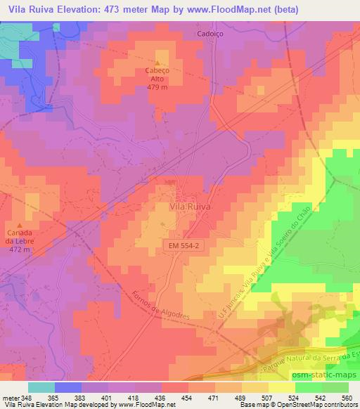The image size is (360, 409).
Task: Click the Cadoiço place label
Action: pyautogui.click(x=210, y=33)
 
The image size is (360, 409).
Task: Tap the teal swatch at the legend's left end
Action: pyautogui.click(x=41, y=387)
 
